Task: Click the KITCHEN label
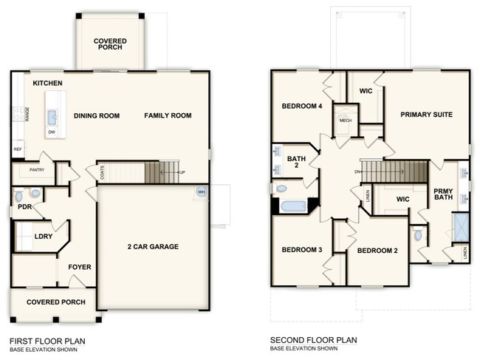click(47, 84)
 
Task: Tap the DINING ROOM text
click(97, 115)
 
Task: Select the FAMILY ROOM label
click(168, 115)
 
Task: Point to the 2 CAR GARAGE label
click(153, 247)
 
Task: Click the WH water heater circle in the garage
click(200, 192)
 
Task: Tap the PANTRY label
click(37, 170)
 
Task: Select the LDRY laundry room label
click(43, 237)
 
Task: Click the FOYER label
click(79, 268)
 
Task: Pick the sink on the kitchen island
click(52, 117)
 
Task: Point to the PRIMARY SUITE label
click(426, 115)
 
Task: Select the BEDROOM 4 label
click(302, 106)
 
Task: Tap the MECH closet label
click(345, 120)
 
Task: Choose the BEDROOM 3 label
click(302, 250)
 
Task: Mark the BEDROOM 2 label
click(377, 251)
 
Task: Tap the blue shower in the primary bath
click(460, 225)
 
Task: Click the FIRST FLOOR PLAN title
click(47, 341)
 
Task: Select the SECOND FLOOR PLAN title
click(314, 341)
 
